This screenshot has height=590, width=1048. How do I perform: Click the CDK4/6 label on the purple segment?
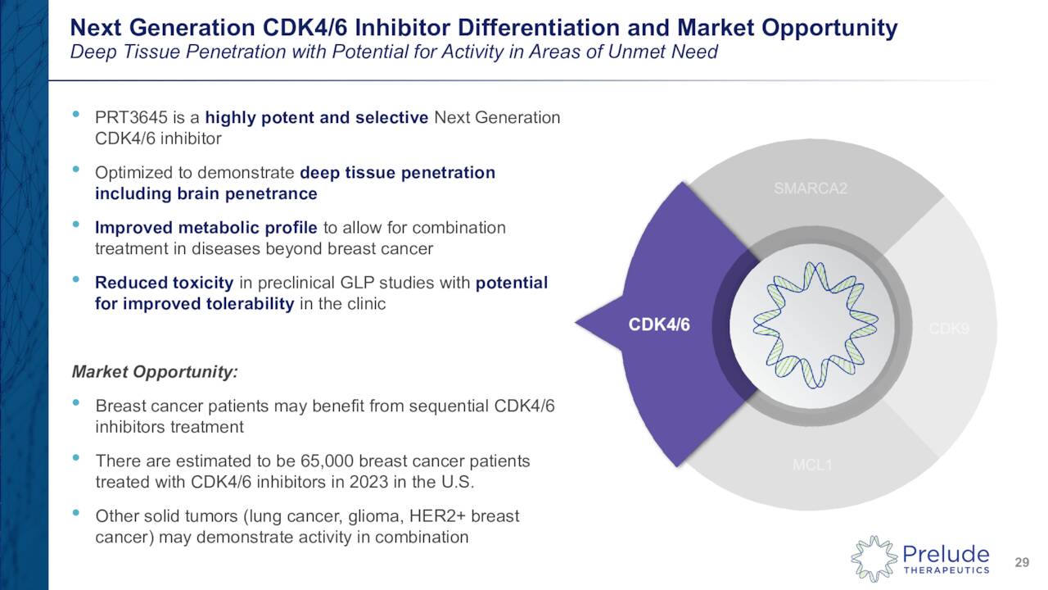pyautogui.click(x=659, y=325)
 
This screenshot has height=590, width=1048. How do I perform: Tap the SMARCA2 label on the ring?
pyautogui.click(x=810, y=189)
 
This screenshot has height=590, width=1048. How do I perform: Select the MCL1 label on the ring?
pyautogui.click(x=811, y=465)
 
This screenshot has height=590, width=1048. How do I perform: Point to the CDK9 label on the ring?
pyautogui.click(x=949, y=329)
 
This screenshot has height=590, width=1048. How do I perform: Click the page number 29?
pyautogui.click(x=1021, y=562)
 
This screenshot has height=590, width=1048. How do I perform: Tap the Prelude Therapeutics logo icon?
pyautogui.click(x=874, y=560)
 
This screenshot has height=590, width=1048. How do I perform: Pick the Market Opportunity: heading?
pyautogui.click(x=155, y=372)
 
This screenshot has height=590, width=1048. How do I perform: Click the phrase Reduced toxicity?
pyautogui.click(x=164, y=283)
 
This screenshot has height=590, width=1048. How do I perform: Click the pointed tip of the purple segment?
pyautogui.click(x=577, y=324)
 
